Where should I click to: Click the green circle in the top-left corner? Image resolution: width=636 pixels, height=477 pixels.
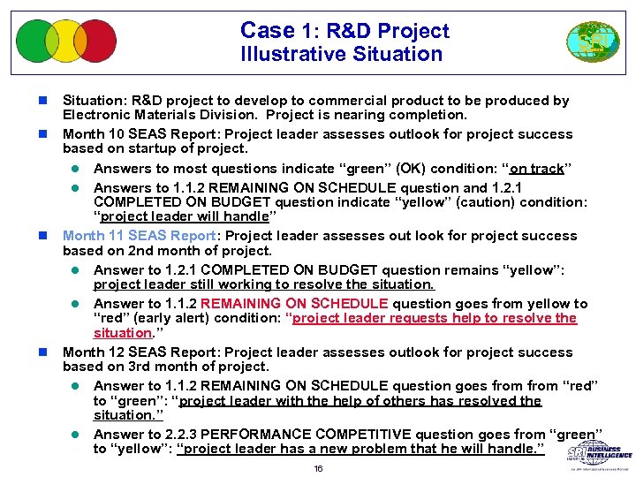35,41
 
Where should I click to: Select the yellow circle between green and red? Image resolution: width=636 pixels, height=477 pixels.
66,41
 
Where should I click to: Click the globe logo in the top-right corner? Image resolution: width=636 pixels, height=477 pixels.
587,42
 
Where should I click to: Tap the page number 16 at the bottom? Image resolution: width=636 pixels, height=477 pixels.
318,468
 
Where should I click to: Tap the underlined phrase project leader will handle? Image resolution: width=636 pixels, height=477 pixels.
185,217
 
